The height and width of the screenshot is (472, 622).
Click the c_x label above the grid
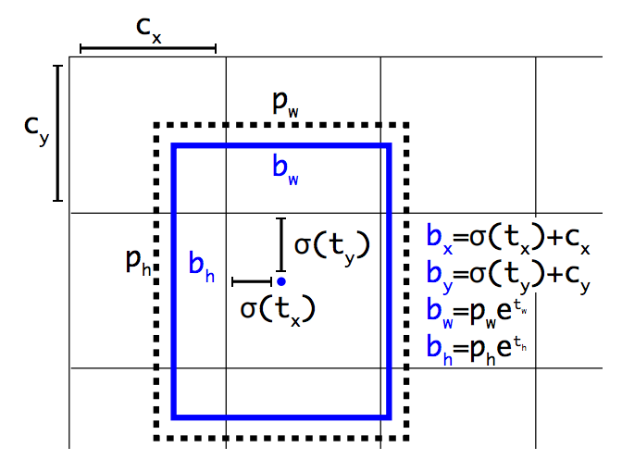[x=148, y=27]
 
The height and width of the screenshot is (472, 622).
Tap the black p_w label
[x=285, y=103]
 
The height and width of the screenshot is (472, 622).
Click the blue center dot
[x=280, y=280]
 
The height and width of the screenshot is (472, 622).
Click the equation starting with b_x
[x=507, y=238]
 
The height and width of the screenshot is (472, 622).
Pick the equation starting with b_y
[x=507, y=273]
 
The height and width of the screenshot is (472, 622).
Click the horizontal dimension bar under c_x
[x=148, y=48]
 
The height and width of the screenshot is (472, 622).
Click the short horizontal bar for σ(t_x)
[x=251, y=280]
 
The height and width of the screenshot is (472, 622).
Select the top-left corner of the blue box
[x=174, y=146]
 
